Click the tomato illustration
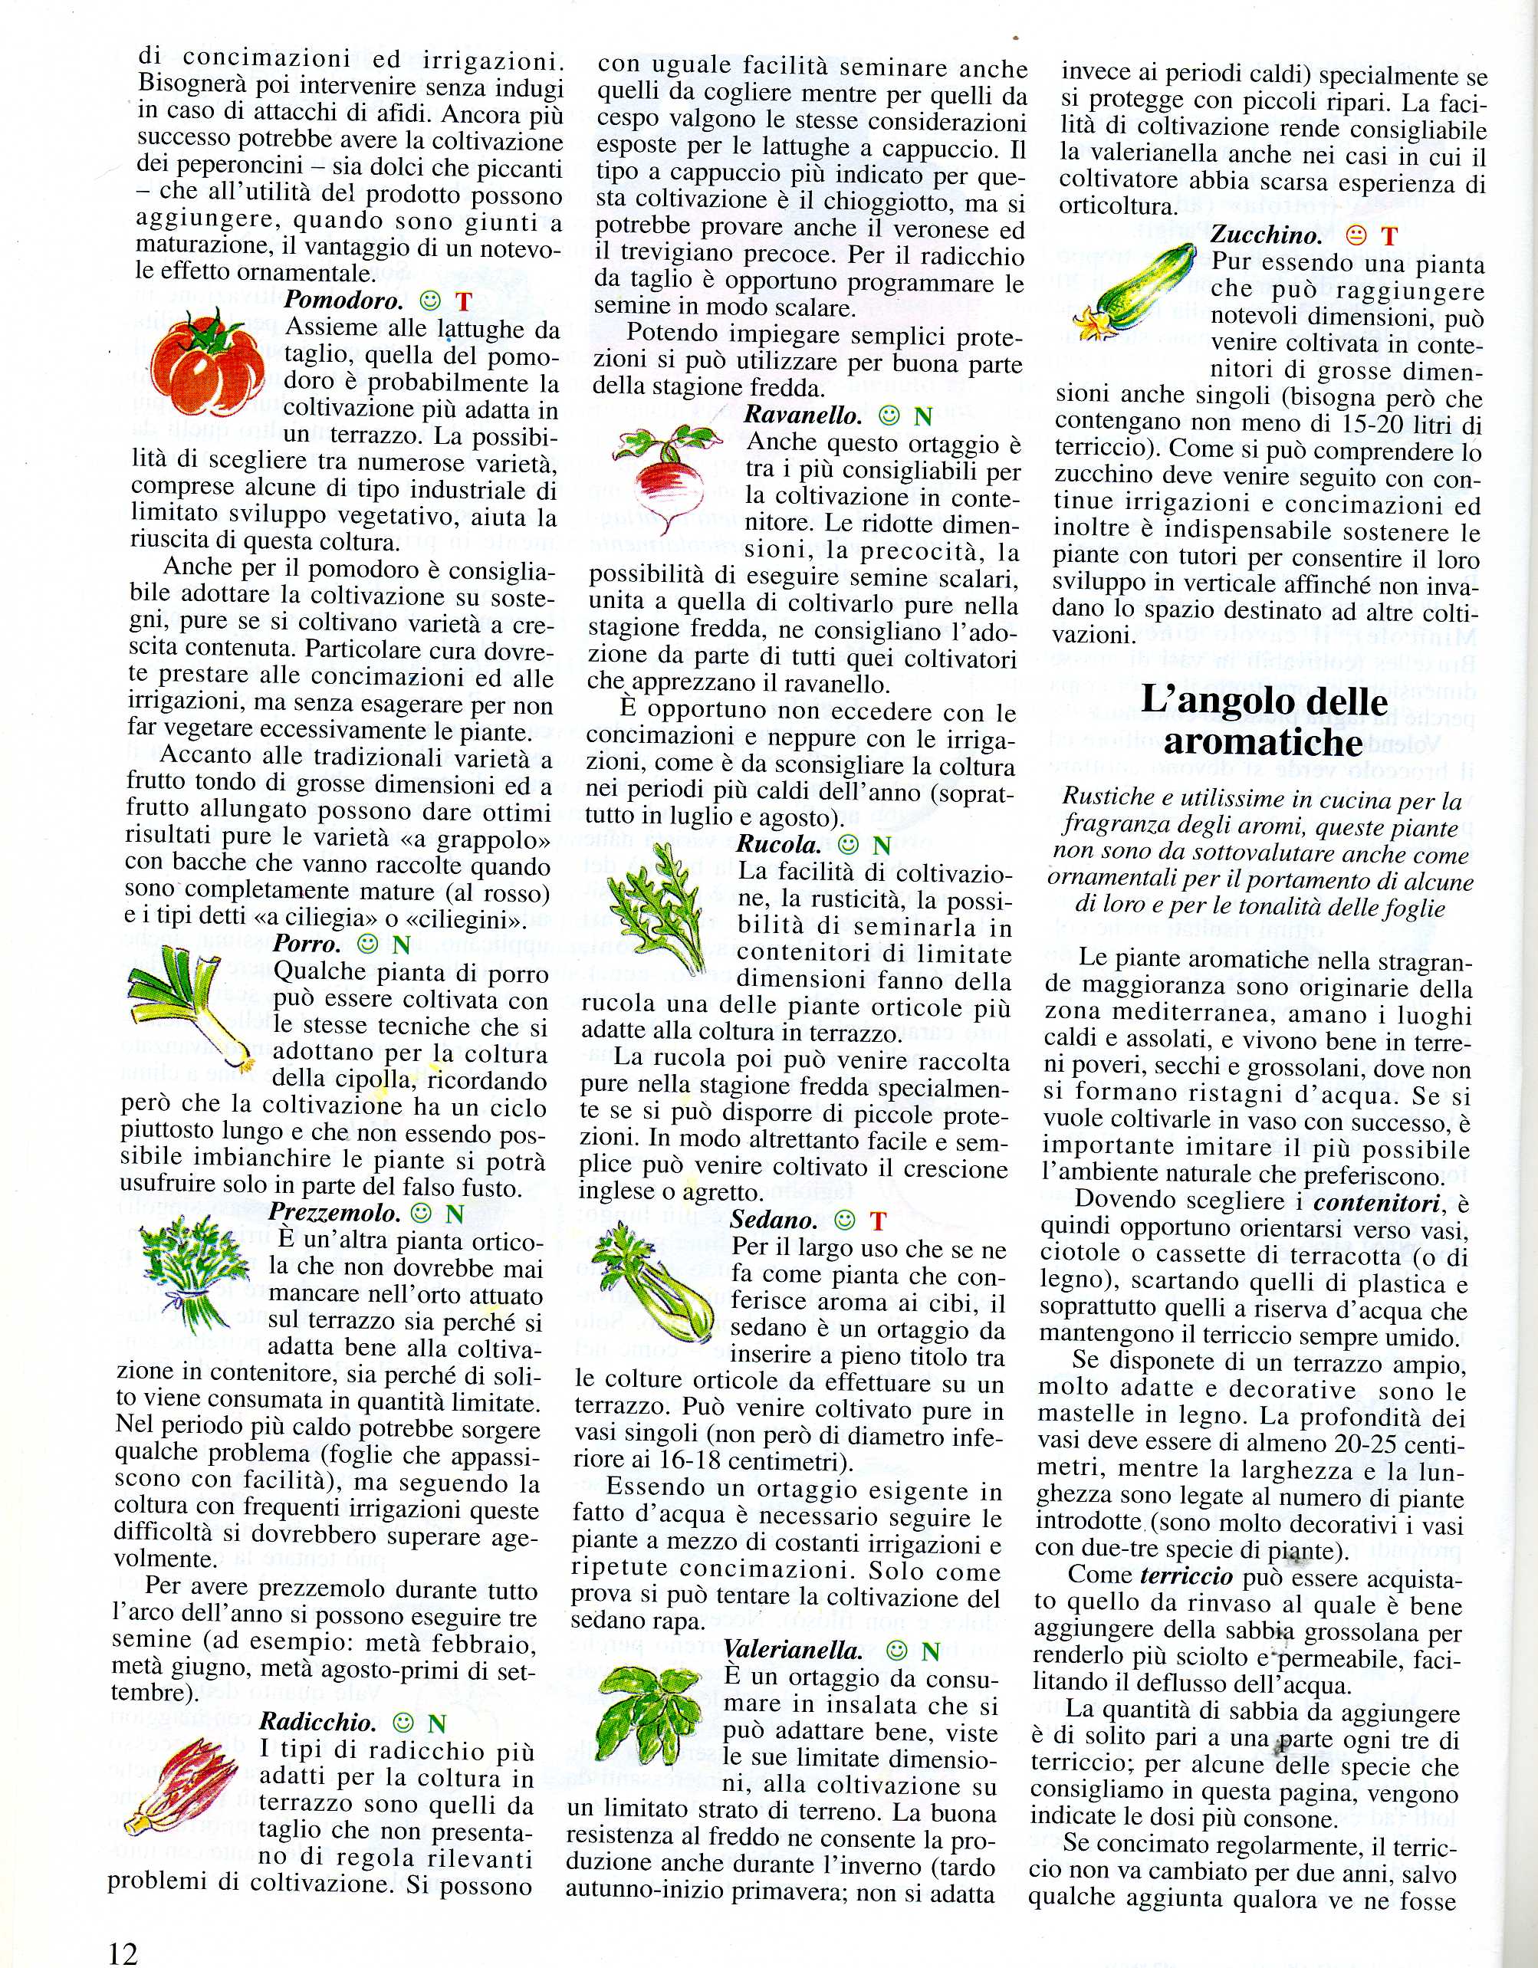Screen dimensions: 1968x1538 click(x=207, y=370)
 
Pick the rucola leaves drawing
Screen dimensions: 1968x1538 click(x=662, y=919)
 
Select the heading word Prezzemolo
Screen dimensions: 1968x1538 click(x=334, y=1213)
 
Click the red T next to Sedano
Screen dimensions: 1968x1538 click(x=879, y=1220)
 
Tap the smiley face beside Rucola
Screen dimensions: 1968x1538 click(x=848, y=844)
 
